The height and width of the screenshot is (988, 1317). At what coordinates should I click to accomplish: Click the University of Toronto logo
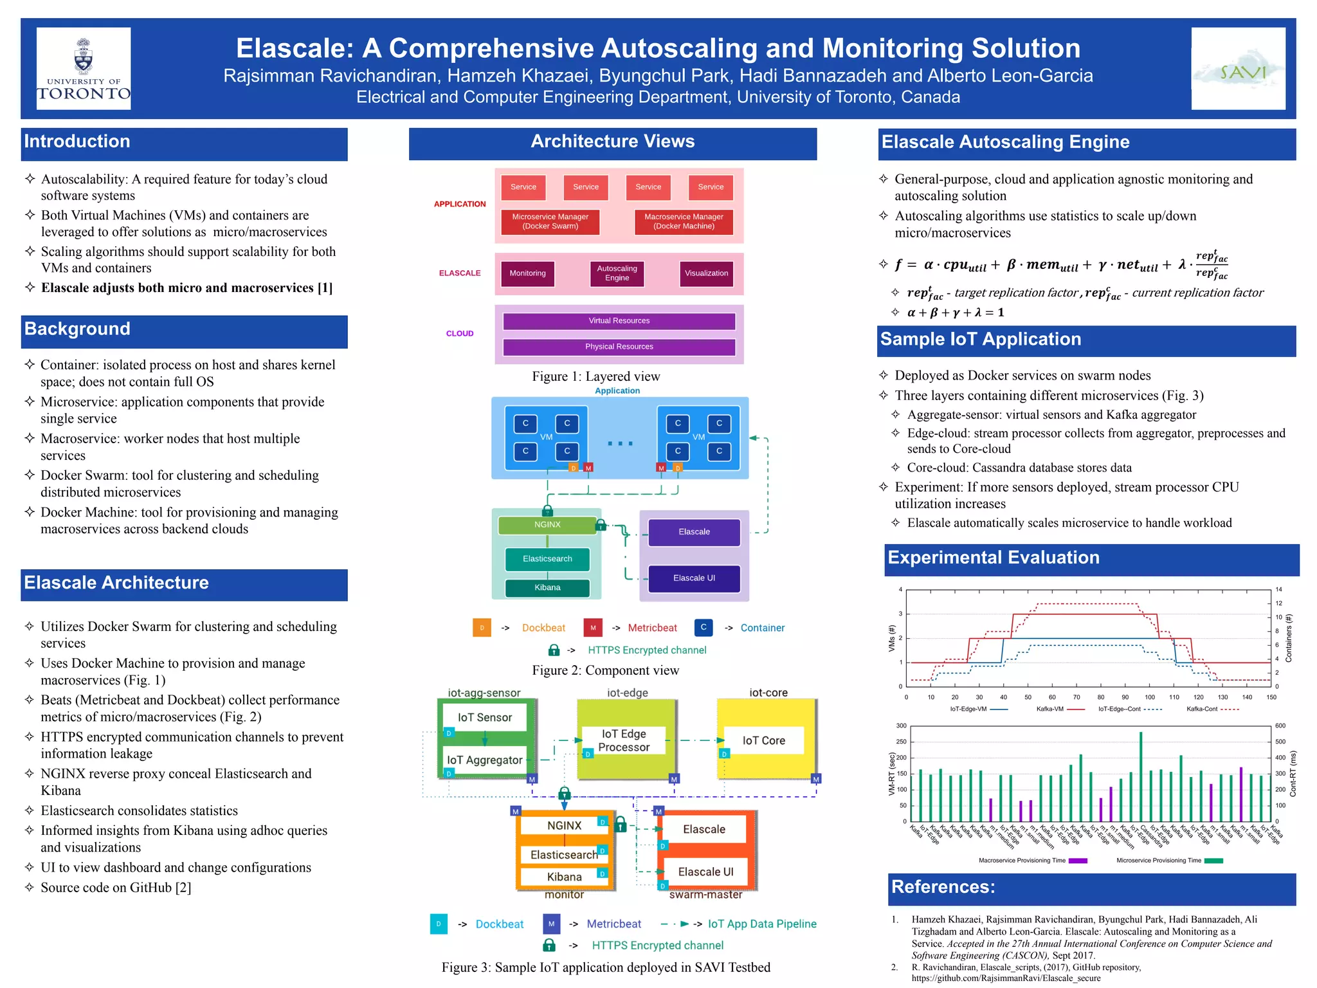click(84, 68)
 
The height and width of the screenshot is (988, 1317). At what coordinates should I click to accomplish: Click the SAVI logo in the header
click(1238, 68)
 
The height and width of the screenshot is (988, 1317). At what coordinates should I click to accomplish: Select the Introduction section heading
click(77, 142)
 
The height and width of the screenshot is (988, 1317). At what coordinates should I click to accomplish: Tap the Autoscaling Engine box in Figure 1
click(617, 273)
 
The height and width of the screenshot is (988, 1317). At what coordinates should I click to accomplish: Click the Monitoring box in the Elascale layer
click(527, 273)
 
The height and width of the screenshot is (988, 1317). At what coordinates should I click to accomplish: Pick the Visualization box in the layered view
click(706, 273)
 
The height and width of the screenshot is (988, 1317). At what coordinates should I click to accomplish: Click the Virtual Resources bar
click(619, 321)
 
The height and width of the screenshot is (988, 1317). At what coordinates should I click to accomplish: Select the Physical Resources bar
click(619, 347)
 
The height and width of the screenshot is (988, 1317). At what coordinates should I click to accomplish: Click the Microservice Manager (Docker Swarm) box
click(550, 222)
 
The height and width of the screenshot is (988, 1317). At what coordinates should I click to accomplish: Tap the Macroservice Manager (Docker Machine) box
click(684, 222)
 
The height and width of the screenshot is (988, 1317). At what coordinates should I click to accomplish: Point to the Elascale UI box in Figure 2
click(694, 578)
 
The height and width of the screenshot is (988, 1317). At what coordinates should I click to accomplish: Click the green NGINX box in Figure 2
click(547, 525)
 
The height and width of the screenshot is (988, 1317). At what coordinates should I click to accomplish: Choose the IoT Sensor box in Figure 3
click(485, 718)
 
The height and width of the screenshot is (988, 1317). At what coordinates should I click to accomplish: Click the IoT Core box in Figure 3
click(764, 741)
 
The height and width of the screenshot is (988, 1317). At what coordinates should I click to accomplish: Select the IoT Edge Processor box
click(624, 741)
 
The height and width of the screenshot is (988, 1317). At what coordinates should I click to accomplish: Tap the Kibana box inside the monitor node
click(564, 877)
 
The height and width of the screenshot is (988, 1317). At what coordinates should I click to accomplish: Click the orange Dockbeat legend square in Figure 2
click(482, 628)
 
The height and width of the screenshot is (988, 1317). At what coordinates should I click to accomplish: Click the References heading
click(943, 887)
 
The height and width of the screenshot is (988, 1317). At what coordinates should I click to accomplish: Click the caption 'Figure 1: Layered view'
click(595, 376)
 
